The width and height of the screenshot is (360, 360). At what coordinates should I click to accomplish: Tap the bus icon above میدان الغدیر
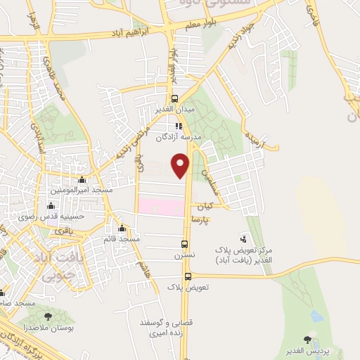[x=174, y=99]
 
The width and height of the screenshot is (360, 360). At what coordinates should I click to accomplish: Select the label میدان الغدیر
[x=174, y=110]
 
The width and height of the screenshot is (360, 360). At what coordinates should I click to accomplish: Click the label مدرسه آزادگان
[x=179, y=138]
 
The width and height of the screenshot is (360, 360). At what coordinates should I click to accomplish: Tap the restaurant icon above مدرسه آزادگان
[x=179, y=127]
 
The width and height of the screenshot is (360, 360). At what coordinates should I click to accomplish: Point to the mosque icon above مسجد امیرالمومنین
[x=83, y=180]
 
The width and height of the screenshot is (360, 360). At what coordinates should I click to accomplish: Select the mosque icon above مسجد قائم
[x=122, y=228]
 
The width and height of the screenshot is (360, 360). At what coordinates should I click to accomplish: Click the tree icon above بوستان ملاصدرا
[x=48, y=317]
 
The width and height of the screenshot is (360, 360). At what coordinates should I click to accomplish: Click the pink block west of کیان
[x=161, y=207]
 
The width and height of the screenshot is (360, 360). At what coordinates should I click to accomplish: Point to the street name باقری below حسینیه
[x=64, y=230]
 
